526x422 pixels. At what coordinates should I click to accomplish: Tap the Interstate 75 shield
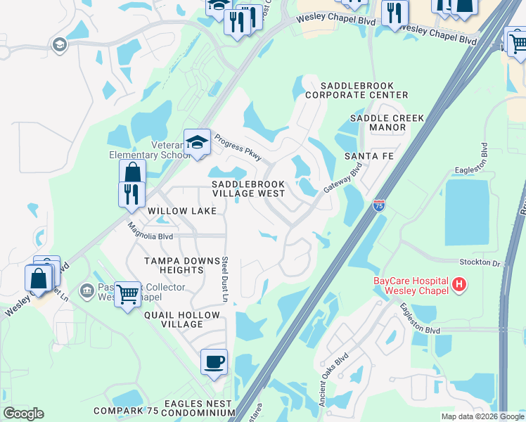[x=379, y=205]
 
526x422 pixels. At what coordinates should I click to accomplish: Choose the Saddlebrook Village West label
[x=249, y=188]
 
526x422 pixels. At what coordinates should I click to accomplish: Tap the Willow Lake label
[x=177, y=210]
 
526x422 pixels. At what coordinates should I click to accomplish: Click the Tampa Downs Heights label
[x=174, y=265]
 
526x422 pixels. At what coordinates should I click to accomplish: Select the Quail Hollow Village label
[x=174, y=319]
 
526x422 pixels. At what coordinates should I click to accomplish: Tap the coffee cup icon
[x=214, y=362]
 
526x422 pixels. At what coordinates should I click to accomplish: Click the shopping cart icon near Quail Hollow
[x=127, y=294]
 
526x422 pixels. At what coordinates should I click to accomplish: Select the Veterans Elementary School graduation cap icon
[x=198, y=142]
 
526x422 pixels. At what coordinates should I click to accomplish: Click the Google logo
[x=23, y=414]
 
